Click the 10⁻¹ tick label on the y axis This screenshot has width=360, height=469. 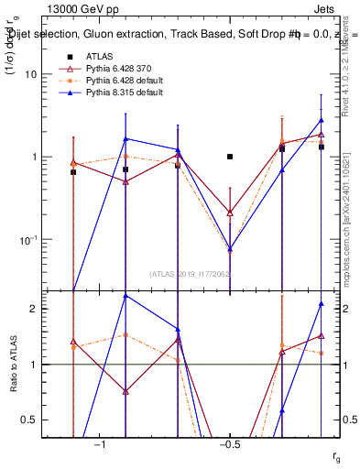point(42,240)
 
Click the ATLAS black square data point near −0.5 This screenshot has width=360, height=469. point(230,157)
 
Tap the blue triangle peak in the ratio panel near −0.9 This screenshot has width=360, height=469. point(125,296)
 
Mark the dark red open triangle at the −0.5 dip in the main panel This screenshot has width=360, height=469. point(230,213)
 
